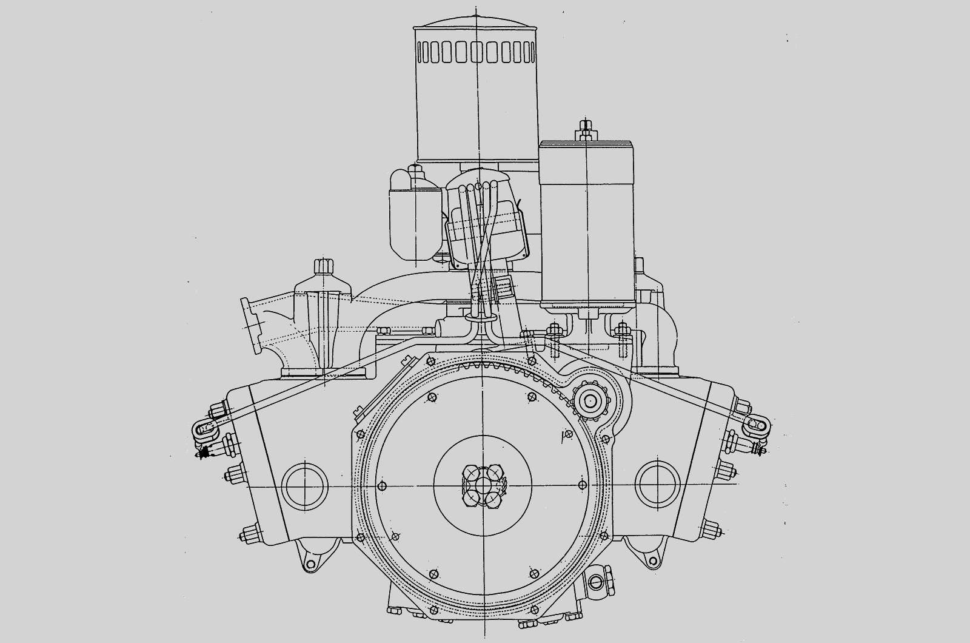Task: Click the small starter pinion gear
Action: click(x=589, y=400)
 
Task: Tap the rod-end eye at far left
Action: click(x=201, y=430)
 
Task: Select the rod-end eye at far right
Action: click(x=759, y=425)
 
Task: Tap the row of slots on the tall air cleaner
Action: click(x=476, y=53)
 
